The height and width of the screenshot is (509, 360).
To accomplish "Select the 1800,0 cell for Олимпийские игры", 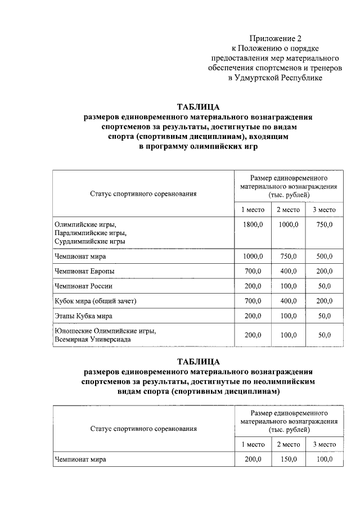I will point(253,224).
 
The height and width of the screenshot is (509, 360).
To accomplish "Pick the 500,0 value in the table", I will point(324,256).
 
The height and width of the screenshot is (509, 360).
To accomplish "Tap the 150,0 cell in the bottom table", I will point(289,460).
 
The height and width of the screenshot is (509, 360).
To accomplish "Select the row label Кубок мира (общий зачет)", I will point(96,301).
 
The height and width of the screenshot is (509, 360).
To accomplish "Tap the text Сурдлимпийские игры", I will point(89,241).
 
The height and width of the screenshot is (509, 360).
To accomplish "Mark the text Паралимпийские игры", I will point(90,233).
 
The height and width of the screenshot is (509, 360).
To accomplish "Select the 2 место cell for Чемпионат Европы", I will point(289,271).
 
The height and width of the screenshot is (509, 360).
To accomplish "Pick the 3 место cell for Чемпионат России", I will point(324,286).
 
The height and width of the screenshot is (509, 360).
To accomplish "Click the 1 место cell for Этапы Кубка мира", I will point(253,316).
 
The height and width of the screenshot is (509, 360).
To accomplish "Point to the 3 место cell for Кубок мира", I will point(324,301).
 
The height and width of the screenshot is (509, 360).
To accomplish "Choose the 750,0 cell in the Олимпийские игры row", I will point(324,224).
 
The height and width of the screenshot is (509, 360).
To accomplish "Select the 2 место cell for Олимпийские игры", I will point(289,224).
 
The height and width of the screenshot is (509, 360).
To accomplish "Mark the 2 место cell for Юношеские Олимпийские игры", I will point(289,335).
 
